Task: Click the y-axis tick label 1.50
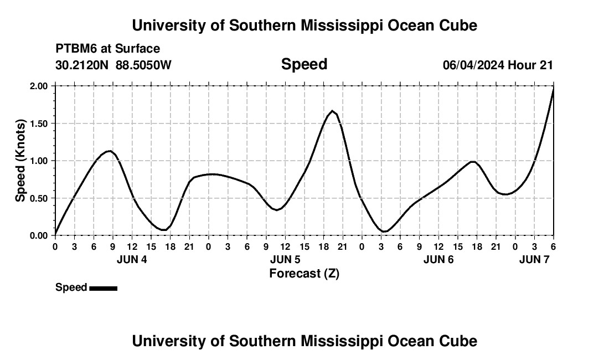(x=39, y=124)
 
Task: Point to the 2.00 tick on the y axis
(x=39, y=86)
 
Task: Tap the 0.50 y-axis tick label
(x=39, y=198)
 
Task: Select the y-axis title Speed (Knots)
(x=20, y=161)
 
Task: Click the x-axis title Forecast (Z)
(x=304, y=273)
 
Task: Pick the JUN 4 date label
(x=132, y=260)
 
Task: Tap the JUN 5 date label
(x=285, y=260)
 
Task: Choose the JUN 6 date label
(x=438, y=260)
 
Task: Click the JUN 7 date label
(x=534, y=260)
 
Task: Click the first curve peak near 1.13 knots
(x=110, y=151)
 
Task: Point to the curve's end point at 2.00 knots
(x=554, y=88)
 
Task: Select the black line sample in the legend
(x=103, y=288)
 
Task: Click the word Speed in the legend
(x=71, y=287)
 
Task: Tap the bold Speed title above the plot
(x=304, y=64)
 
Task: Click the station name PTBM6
(x=75, y=49)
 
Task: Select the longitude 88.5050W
(x=144, y=65)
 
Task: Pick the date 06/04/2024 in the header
(x=473, y=65)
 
